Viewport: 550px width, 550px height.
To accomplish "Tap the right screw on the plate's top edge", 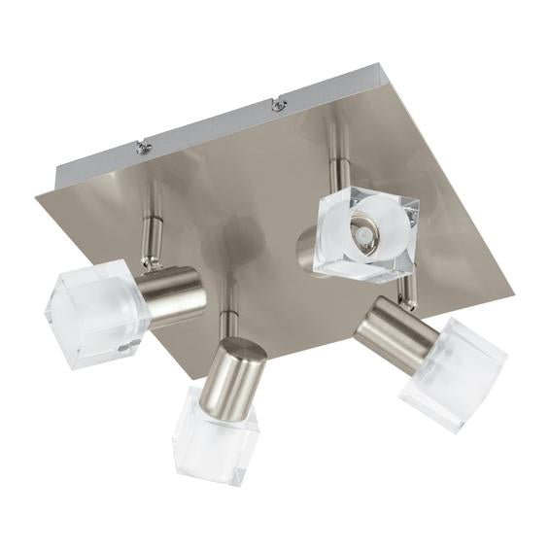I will pos(278,104).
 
